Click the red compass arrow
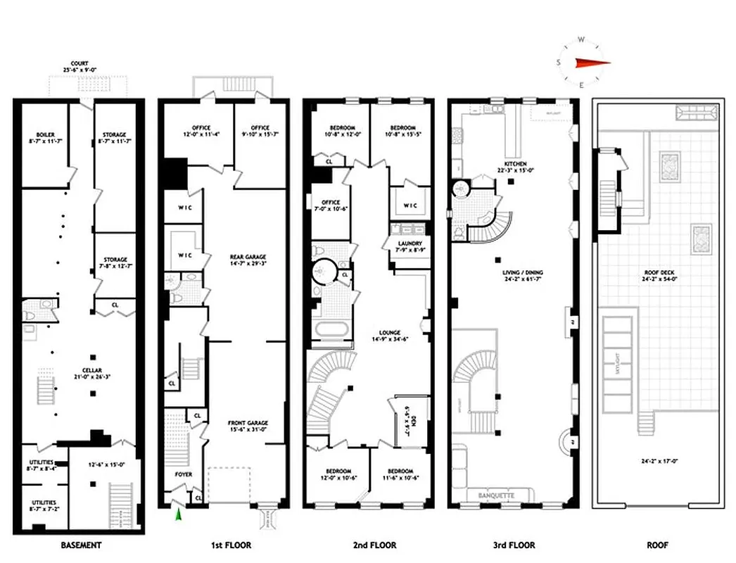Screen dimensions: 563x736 point(592,62)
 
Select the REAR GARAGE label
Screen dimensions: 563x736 point(246,257)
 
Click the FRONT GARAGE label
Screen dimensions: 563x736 point(248,423)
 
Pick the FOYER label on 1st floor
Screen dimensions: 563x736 point(183,474)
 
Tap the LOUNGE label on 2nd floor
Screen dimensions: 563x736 point(389,333)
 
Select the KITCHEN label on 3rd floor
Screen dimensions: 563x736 point(511,163)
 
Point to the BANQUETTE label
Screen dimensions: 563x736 point(496,495)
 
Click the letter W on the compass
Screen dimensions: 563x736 point(581,39)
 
